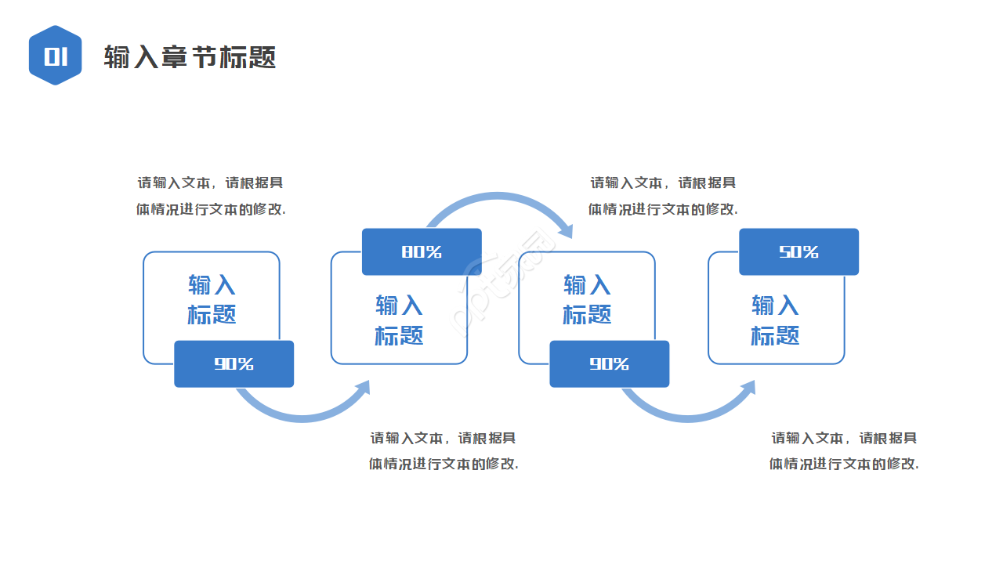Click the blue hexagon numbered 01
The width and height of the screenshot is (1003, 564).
(x=55, y=56)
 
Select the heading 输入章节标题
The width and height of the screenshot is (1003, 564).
(x=190, y=57)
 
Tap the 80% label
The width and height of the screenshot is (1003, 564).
(x=422, y=251)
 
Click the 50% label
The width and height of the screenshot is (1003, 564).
(x=798, y=251)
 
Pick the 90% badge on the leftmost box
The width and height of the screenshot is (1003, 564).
(x=234, y=363)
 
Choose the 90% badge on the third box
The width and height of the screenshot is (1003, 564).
(x=609, y=363)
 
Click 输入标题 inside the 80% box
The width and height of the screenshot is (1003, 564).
(x=399, y=320)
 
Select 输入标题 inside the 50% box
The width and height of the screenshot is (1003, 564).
(x=775, y=320)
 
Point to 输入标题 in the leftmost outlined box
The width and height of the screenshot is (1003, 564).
(x=212, y=299)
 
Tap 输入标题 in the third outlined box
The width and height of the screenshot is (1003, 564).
(x=587, y=299)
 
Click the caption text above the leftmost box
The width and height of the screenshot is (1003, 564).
(x=211, y=196)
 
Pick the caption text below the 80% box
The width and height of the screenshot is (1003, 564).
(x=444, y=450)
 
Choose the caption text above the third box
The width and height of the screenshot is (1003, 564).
(x=663, y=196)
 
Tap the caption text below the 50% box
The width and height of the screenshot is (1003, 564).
(x=844, y=450)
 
